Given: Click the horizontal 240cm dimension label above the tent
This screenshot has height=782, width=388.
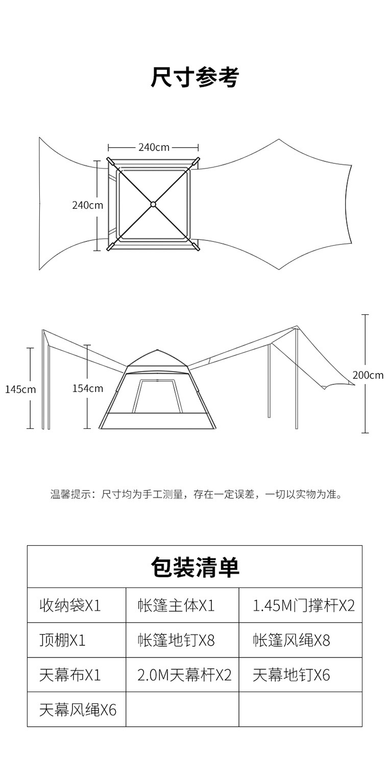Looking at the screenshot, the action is click(154, 148).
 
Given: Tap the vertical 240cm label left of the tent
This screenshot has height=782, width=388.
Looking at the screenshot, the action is click(87, 205).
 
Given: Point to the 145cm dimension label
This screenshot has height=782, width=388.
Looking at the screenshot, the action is click(20, 389).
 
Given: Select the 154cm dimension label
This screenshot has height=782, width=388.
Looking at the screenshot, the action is click(87, 388).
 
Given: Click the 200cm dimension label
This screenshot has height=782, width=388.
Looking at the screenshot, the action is click(368, 375).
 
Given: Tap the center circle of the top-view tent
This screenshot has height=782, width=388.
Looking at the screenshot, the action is click(153, 205).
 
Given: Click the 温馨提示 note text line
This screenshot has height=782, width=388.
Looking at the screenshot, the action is click(196, 494).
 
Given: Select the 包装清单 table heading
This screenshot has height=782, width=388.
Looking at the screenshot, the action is click(195, 567).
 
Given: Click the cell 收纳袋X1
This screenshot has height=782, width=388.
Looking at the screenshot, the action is click(70, 605).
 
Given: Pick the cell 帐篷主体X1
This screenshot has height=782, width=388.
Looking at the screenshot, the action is click(176, 605).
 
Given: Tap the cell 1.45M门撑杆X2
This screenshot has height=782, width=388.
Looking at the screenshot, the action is click(303, 605).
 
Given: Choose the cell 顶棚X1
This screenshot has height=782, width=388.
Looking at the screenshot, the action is click(62, 640).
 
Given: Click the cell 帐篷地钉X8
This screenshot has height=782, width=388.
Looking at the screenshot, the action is click(176, 640).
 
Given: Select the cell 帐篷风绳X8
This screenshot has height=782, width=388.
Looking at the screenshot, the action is click(292, 640).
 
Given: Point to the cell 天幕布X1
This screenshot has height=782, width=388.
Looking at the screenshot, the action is click(70, 675).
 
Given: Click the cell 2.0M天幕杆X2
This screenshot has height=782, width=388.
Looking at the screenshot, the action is click(184, 675).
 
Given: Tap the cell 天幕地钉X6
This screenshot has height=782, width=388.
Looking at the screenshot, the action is click(291, 675).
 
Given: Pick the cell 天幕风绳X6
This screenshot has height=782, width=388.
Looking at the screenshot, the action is click(78, 710).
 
